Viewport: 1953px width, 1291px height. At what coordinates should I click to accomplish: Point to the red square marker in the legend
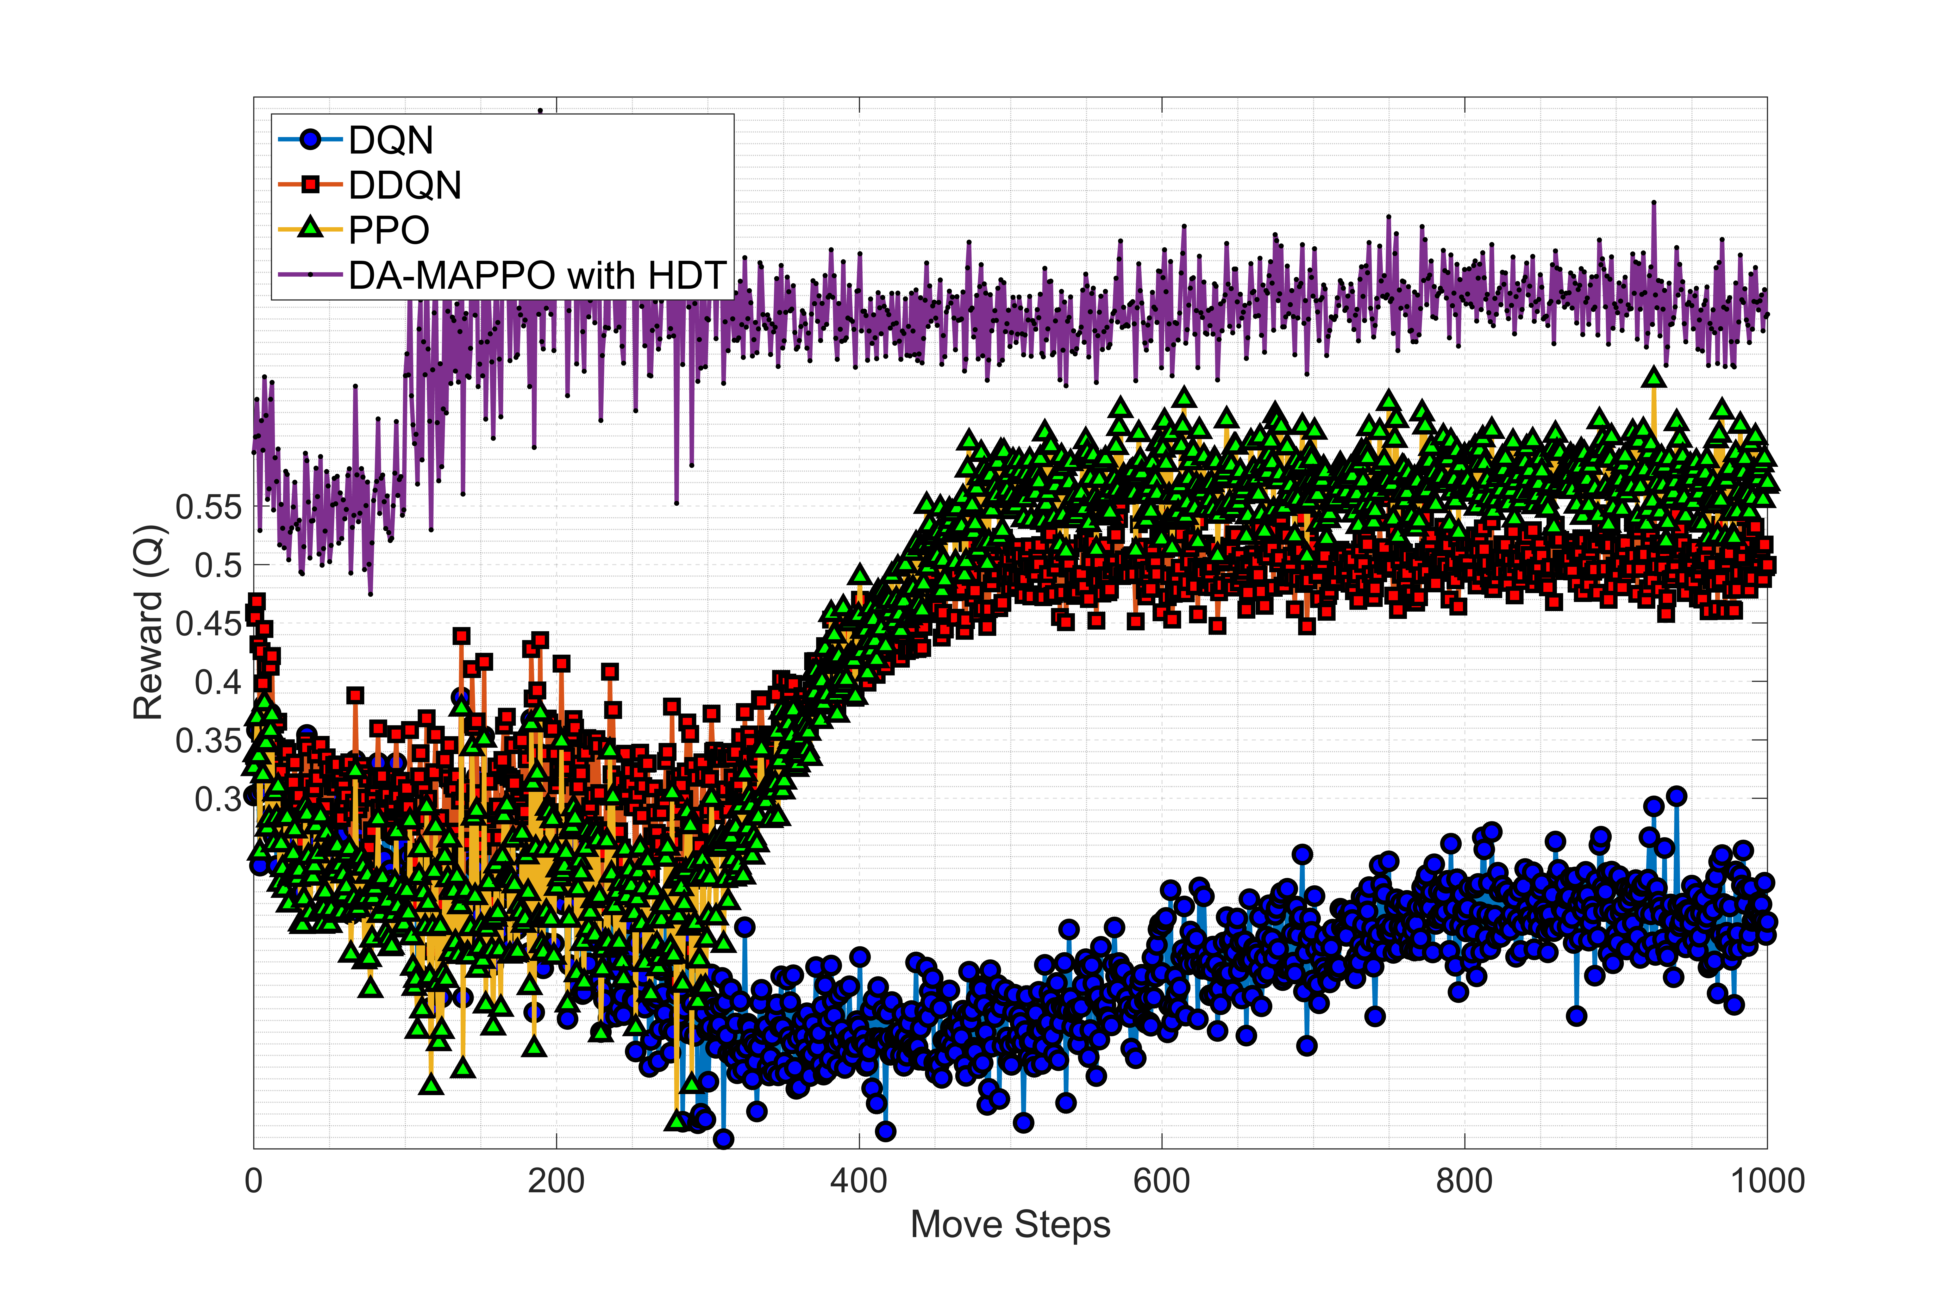[x=310, y=184]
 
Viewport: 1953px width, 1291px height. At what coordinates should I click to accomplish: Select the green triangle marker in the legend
[x=310, y=228]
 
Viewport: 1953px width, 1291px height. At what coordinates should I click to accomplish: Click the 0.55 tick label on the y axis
[x=209, y=507]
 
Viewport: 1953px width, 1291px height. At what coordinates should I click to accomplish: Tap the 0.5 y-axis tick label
[x=219, y=566]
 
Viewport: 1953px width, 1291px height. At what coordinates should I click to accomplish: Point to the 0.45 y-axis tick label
[x=209, y=624]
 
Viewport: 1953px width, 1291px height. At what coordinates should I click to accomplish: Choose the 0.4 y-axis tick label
[x=219, y=682]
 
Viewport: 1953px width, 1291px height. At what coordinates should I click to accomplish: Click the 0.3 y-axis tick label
[x=219, y=799]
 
